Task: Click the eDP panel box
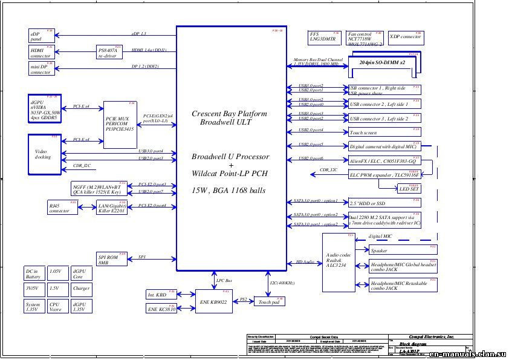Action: coord(41,35)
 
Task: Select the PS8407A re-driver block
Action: coord(109,52)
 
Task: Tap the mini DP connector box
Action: coord(41,68)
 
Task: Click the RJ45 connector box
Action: coord(62,208)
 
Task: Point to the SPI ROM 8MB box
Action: coord(111,259)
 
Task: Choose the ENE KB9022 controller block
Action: coord(215,301)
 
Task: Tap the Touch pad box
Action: coord(269,301)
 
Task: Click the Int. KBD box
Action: coord(161,295)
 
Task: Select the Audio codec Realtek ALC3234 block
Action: coord(339,260)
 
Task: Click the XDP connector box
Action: coord(405,37)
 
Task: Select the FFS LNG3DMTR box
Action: coord(324,37)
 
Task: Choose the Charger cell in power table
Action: coord(81,289)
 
